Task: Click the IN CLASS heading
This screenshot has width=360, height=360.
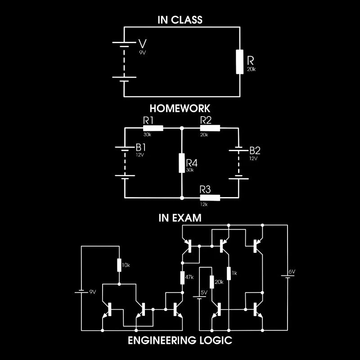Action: pyautogui.click(x=180, y=20)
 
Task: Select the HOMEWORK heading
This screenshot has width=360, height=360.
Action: pyautogui.click(x=180, y=108)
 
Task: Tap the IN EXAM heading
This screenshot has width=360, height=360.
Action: pyautogui.click(x=180, y=218)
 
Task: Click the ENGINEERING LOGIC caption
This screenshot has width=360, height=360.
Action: pyautogui.click(x=180, y=340)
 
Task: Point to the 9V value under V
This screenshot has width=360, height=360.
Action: pyautogui.click(x=143, y=53)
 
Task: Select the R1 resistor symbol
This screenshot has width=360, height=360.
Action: pyautogui.click(x=153, y=128)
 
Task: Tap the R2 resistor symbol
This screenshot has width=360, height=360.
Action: pyautogui.click(x=210, y=128)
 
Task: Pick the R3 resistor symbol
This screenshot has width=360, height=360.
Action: pyautogui.click(x=210, y=198)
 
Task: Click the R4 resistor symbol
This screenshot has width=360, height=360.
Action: pyautogui.click(x=182, y=163)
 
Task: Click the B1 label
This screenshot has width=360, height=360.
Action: pyautogui.click(x=141, y=148)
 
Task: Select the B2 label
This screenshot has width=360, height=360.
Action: pyautogui.click(x=255, y=150)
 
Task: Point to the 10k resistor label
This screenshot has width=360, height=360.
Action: pyautogui.click(x=126, y=265)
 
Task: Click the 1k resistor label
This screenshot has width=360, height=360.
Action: pyautogui.click(x=234, y=272)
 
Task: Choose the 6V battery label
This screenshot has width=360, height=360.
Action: pyautogui.click(x=292, y=272)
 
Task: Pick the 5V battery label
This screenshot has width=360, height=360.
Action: pyautogui.click(x=204, y=292)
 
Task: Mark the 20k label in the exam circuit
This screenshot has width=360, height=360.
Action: pyautogui.click(x=219, y=282)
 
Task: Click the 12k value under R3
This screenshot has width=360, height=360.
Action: pyautogui.click(x=204, y=204)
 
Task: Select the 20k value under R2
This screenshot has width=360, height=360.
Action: pyautogui.click(x=204, y=135)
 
